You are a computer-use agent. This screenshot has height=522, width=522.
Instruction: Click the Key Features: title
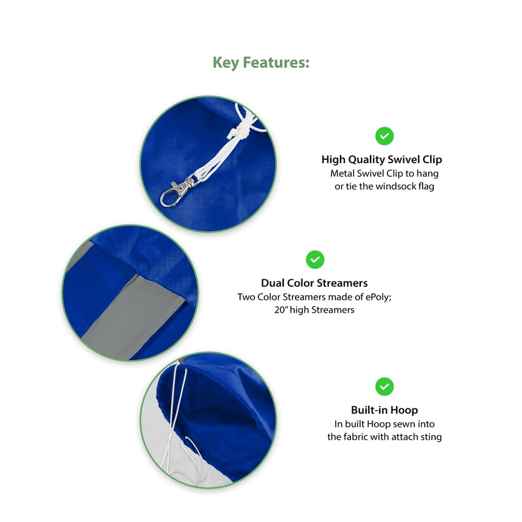261,63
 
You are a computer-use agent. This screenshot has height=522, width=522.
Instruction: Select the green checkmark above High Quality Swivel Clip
384,136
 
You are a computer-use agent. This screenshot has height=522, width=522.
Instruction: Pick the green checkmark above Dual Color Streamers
315,259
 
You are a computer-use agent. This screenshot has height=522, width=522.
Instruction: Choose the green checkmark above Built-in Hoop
384,386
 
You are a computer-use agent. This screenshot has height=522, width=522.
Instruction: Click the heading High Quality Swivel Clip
382,159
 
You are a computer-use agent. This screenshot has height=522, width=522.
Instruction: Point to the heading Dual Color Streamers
315,283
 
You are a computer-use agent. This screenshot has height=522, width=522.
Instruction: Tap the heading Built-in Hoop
384,410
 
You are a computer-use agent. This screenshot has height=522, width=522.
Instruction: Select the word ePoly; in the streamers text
378,297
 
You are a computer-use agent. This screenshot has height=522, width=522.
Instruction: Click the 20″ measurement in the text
281,310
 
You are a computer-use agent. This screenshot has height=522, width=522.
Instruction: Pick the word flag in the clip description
426,186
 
